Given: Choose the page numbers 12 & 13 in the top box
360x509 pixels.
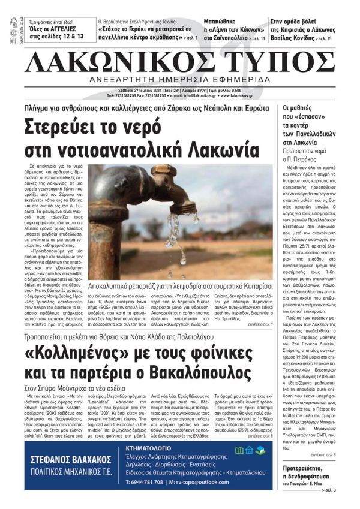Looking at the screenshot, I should click(67, 37).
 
